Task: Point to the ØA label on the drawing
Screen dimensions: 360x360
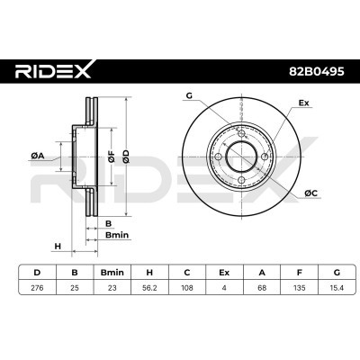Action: [38, 156]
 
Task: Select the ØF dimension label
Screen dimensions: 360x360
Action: [111, 158]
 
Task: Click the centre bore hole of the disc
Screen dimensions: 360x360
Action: [242, 154]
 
